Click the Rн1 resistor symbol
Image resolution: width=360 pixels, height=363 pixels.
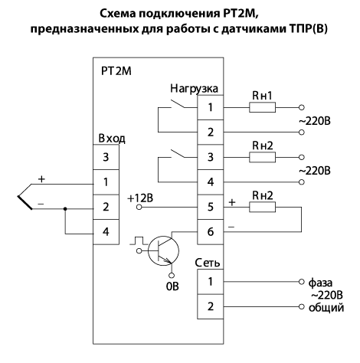pos(262,107)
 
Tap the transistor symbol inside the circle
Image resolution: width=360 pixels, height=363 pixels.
pos(163,251)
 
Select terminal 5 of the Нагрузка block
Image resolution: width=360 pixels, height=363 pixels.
pos(211,207)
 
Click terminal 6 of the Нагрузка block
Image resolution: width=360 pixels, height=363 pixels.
pos(211,232)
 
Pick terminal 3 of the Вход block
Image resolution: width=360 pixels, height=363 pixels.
pos(106,157)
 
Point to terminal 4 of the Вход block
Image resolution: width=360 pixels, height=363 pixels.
pos(106,232)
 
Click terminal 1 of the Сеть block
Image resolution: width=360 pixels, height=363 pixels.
pos(211,282)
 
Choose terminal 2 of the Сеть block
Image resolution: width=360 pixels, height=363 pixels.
pos(211,306)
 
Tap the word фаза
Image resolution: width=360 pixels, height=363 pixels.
pos(320,283)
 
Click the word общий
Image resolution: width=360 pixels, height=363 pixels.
pos(326,308)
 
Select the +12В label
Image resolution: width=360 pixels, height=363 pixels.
pos(140,198)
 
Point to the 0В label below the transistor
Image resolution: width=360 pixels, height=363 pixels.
pos(172,286)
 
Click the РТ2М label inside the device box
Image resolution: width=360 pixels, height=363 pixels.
pos(116,71)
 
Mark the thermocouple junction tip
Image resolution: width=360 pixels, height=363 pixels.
pos(18,197)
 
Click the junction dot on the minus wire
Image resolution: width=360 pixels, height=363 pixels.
pos(65,209)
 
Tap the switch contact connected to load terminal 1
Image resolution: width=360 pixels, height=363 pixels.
pos(178,104)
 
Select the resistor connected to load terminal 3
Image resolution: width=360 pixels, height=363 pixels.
pos(262,157)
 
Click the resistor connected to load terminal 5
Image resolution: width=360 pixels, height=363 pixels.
pos(262,207)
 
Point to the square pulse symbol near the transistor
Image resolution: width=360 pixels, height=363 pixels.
pos(138,240)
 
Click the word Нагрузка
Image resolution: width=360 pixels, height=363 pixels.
pos(194,89)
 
